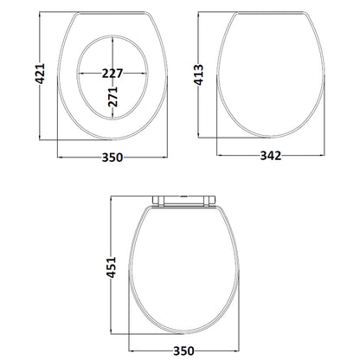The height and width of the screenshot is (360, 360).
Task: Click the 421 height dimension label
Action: [40, 74]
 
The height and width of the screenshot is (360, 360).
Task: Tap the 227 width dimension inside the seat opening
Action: [112, 74]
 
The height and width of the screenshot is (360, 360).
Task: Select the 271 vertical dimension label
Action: [112, 97]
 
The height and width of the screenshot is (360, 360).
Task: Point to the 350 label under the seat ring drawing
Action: [112, 157]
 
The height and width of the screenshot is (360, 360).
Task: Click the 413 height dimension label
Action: [198, 75]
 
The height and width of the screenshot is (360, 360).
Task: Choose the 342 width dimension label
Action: [271, 156]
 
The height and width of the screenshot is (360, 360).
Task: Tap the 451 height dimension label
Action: [112, 267]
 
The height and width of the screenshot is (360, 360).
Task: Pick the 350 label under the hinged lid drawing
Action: [183, 351]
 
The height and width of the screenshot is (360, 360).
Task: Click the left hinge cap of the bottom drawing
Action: [158, 201]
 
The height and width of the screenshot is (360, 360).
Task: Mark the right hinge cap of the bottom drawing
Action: [209, 201]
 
